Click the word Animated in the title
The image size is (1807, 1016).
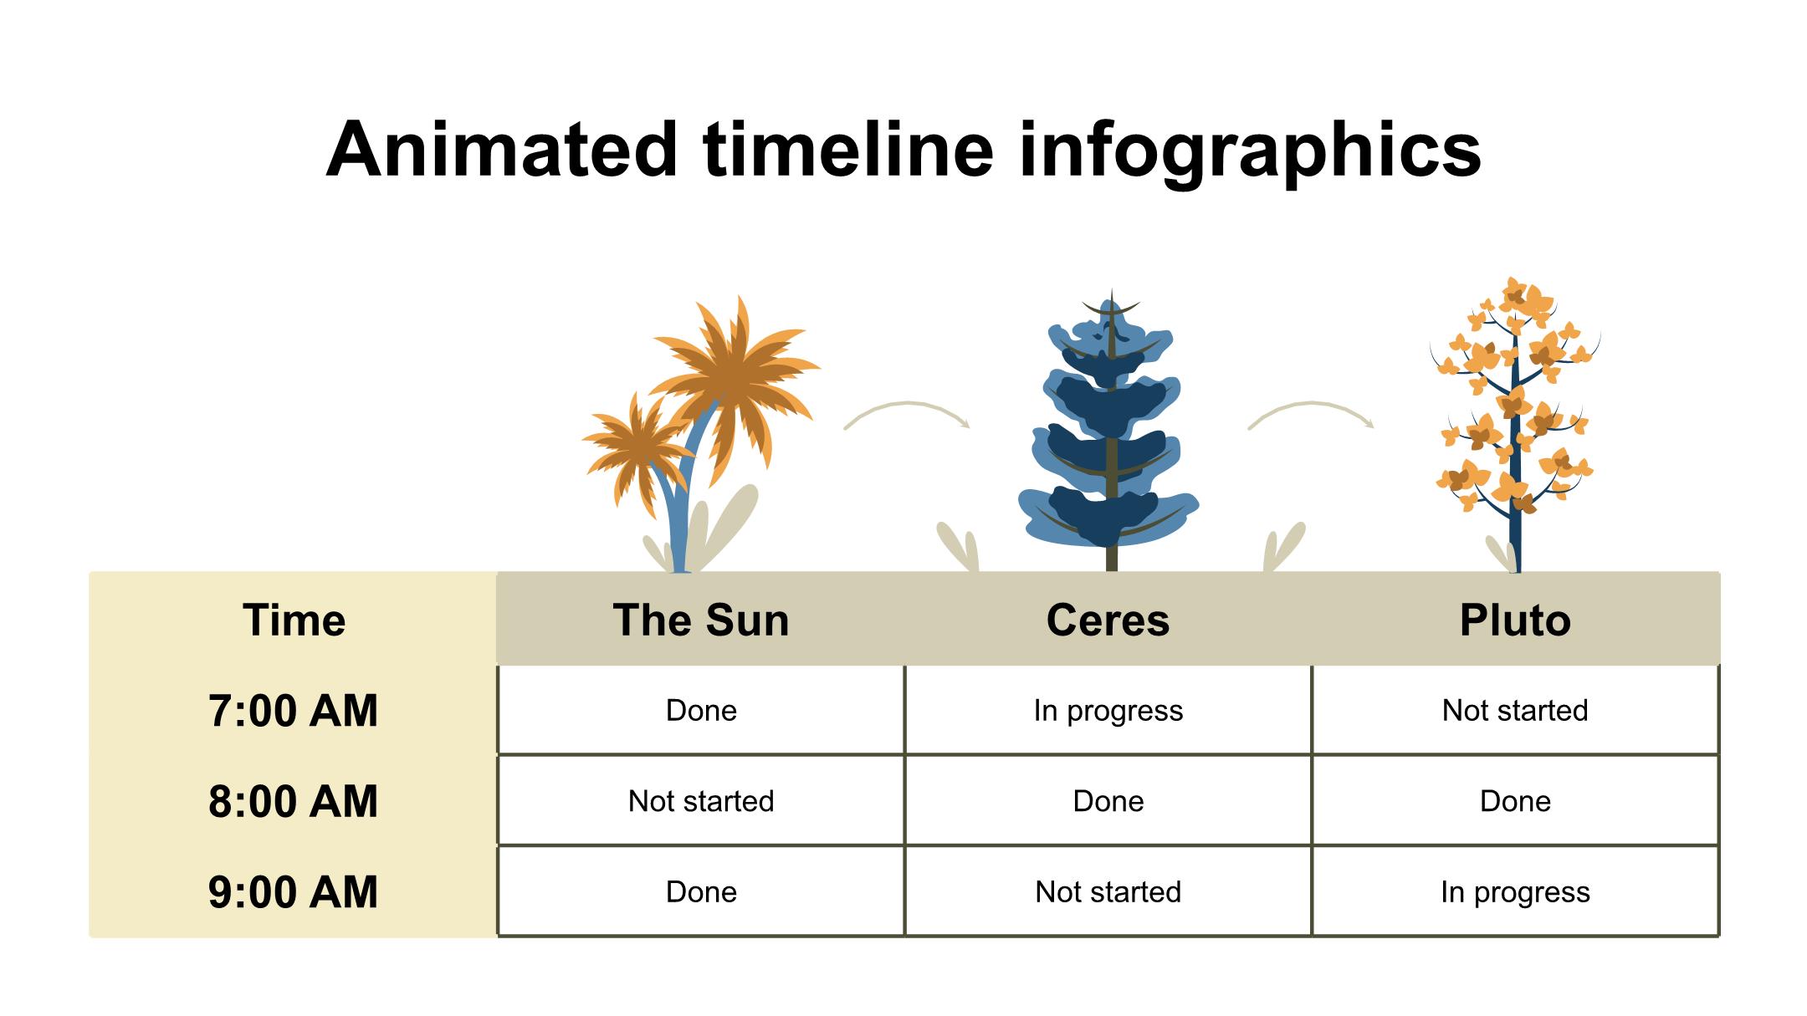(x=501, y=150)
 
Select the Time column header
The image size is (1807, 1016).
(x=294, y=620)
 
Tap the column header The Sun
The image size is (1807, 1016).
(x=701, y=620)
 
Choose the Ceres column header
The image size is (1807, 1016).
(x=1108, y=620)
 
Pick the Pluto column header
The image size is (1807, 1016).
(x=1515, y=620)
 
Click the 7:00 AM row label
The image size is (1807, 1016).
(x=293, y=711)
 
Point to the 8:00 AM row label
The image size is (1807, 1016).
(x=293, y=801)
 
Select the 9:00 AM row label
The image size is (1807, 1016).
(x=293, y=891)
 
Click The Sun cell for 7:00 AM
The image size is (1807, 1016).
(x=701, y=711)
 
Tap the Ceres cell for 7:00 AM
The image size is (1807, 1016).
(x=1108, y=711)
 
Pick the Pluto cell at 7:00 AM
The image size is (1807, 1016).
(x=1515, y=711)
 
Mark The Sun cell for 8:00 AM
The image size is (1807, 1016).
(x=701, y=801)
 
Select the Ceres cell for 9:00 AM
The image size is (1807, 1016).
(x=1108, y=891)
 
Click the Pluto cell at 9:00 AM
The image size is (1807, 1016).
(x=1515, y=891)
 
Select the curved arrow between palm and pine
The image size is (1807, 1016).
(x=907, y=405)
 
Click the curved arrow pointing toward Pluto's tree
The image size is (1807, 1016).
(x=1311, y=405)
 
